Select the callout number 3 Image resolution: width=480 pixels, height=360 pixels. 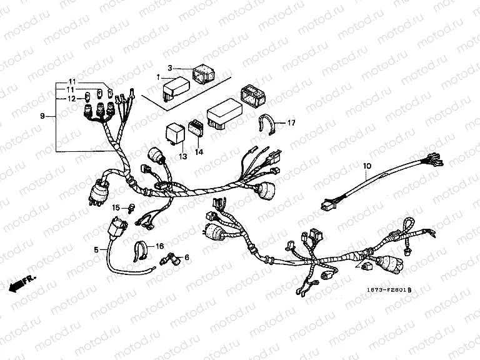[169, 67]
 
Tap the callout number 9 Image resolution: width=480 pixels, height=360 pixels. [42, 116]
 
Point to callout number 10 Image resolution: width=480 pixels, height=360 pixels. [367, 166]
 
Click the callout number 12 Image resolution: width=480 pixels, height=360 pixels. [71, 99]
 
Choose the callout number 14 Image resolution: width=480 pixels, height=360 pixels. [199, 152]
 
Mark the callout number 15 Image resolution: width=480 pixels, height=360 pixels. [116, 207]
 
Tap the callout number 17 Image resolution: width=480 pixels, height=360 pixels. [291, 123]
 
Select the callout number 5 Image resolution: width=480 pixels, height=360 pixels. [96, 250]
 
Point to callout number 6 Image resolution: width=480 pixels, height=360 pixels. [186, 257]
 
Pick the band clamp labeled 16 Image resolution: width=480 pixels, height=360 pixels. [139, 251]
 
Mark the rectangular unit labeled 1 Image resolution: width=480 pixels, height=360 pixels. [177, 86]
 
